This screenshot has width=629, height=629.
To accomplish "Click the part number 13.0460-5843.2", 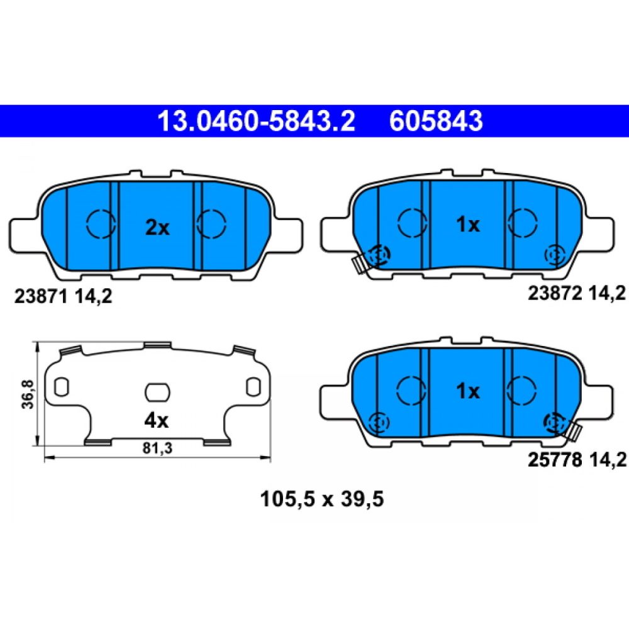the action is [x=256, y=121].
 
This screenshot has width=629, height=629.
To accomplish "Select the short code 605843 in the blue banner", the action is [x=436, y=121].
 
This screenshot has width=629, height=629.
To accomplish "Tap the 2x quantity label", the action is [x=157, y=228].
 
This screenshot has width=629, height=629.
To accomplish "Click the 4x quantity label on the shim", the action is [x=157, y=420].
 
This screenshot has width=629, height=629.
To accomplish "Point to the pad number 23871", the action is [x=40, y=296].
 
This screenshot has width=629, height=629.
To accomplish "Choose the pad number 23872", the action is [x=555, y=294].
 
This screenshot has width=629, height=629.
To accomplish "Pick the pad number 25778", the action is [x=555, y=460].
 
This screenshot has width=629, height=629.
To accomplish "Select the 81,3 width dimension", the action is [x=157, y=448].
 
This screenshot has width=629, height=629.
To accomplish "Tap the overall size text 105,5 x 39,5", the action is [x=321, y=499].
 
